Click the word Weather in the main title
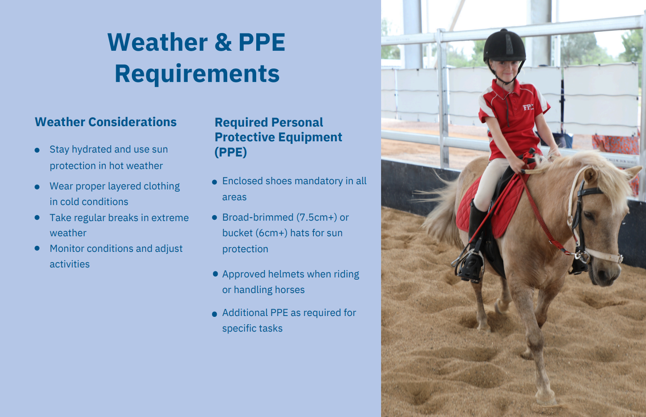tap(157, 42)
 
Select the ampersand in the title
tap(223, 42)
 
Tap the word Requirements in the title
tap(197, 74)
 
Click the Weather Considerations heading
tap(105, 122)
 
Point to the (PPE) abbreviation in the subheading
tap(231, 152)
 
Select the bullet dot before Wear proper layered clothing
tap(37, 187)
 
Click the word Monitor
tap(67, 248)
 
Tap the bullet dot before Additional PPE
tap(214, 314)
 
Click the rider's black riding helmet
tap(504, 46)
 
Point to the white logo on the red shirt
tap(528, 107)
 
